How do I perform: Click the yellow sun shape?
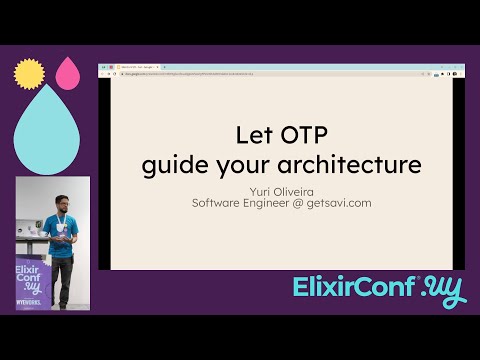click(x=30, y=73)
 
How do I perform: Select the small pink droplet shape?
click(x=68, y=72)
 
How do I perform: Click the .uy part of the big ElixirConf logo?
click(x=442, y=289)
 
